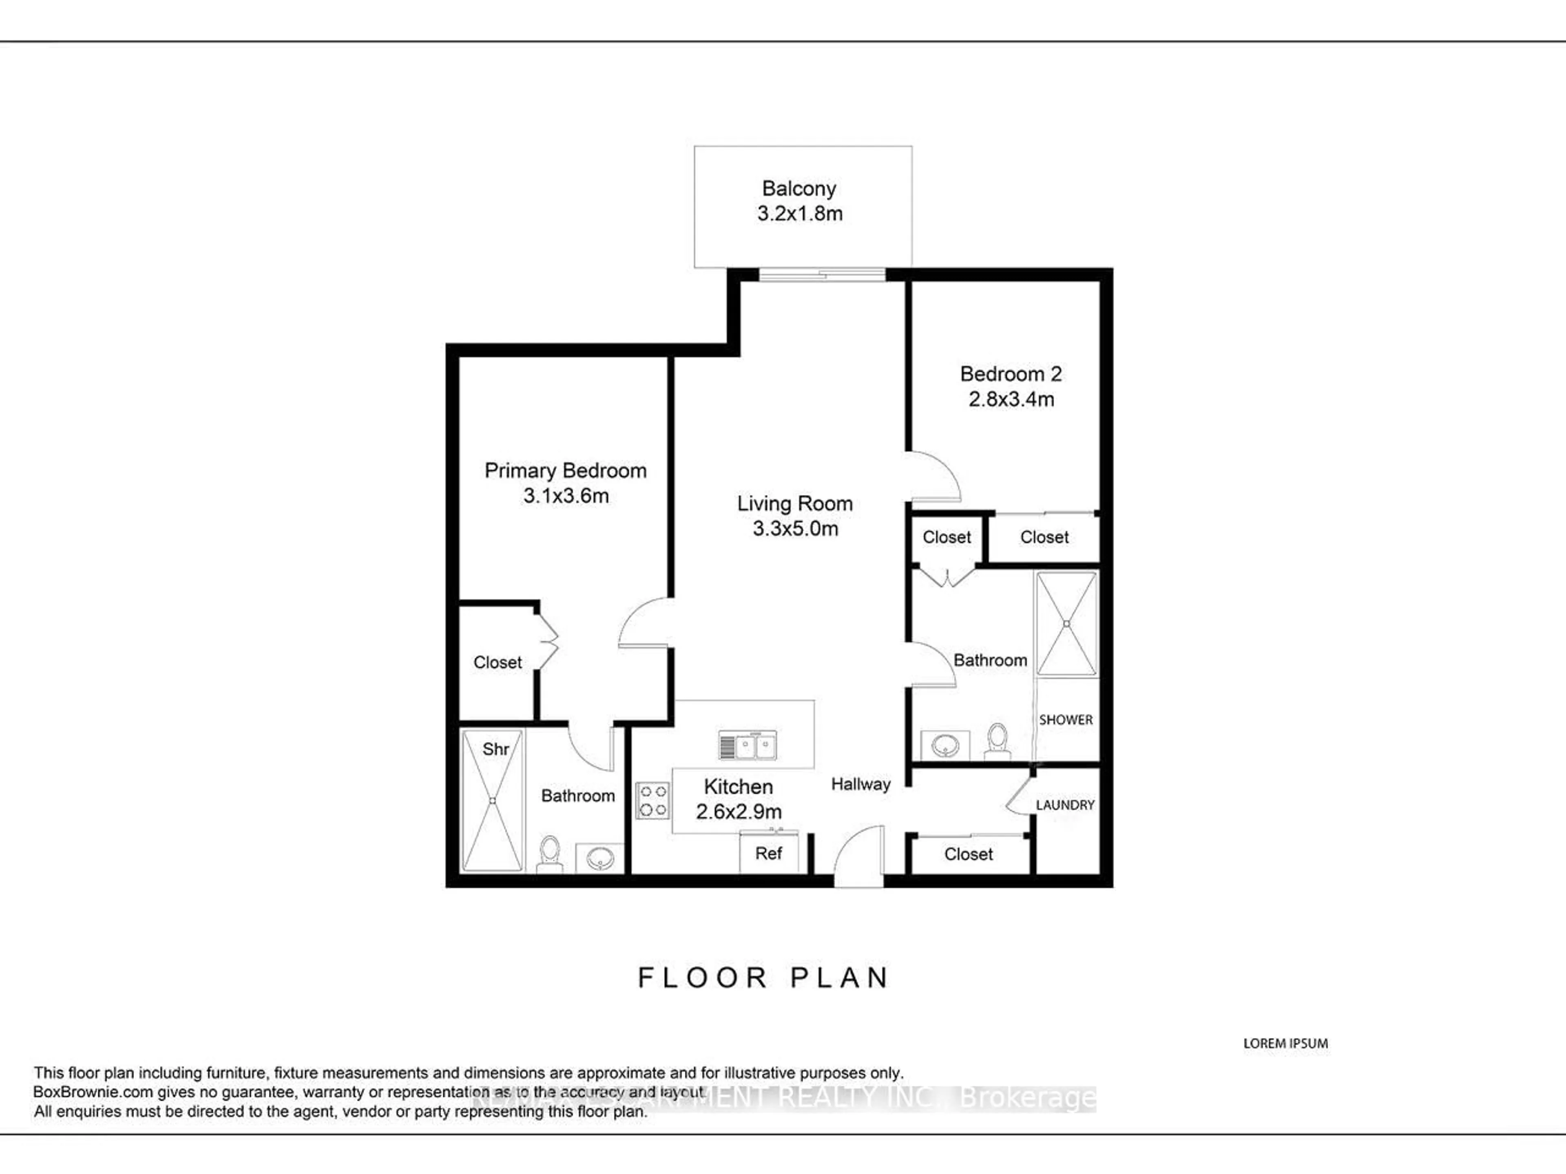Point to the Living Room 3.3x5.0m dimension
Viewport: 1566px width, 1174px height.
pyautogui.click(x=795, y=529)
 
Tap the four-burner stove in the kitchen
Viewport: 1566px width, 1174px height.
pyautogui.click(x=652, y=800)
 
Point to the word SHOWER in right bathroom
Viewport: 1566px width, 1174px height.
pyautogui.click(x=1066, y=719)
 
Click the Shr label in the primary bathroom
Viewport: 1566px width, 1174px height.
pyautogui.click(x=495, y=749)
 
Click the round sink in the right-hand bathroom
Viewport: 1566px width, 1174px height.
pyautogui.click(x=945, y=745)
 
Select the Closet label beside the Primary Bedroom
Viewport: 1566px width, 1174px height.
pyautogui.click(x=497, y=662)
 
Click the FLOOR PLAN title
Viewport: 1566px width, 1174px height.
pyautogui.click(x=763, y=978)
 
